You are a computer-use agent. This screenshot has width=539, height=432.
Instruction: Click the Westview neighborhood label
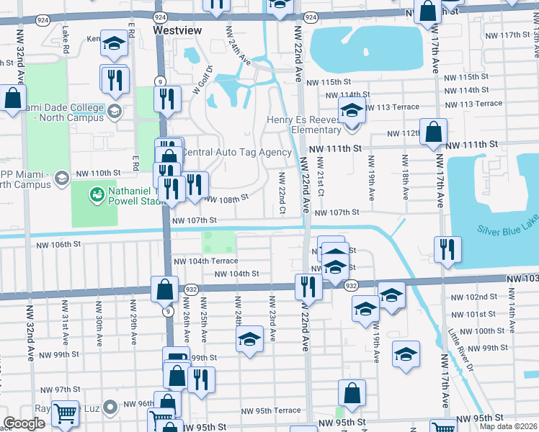click(177, 30)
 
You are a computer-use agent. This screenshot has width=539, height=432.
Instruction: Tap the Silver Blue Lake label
click(507, 229)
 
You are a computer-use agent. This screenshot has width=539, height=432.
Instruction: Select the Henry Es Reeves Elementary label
click(303, 125)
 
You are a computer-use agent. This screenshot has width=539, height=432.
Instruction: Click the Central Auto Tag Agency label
click(236, 152)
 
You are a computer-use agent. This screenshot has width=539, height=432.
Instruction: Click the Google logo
click(24, 423)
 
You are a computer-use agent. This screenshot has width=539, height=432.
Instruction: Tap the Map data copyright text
click(508, 426)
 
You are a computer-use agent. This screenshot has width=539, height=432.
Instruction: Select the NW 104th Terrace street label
click(205, 261)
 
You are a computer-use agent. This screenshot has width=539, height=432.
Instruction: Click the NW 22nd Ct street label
click(282, 192)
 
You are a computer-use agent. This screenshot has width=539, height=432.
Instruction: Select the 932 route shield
click(351, 286)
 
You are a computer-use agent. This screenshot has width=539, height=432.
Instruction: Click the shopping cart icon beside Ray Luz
click(65, 414)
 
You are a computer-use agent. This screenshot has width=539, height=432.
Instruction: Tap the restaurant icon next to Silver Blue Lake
click(447, 250)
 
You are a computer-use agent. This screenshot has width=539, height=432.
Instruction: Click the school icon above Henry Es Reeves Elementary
click(351, 112)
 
